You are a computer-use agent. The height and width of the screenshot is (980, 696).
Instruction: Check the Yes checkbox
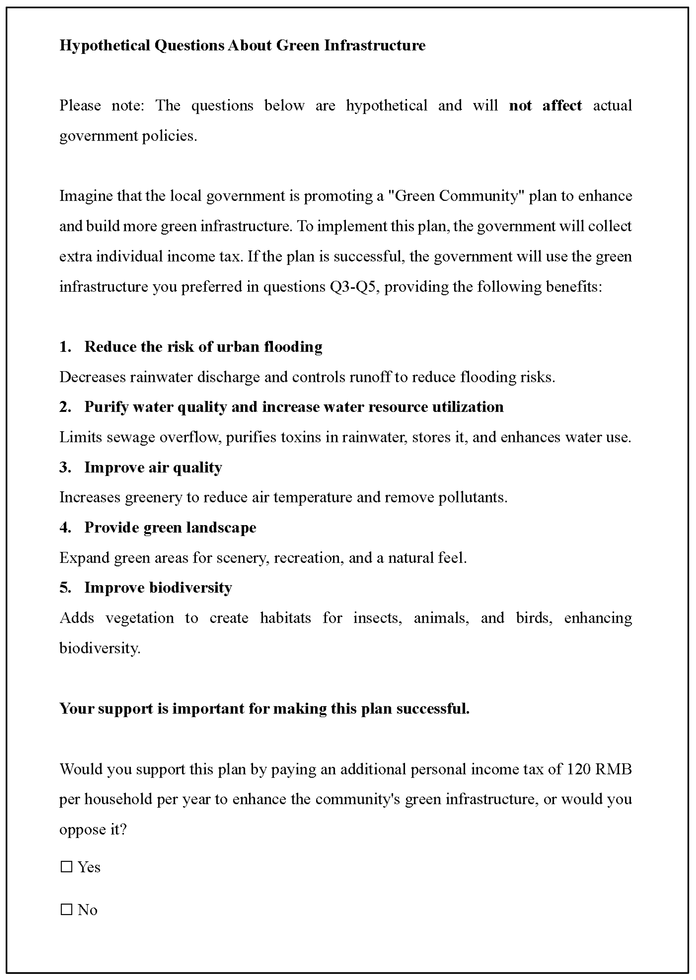(x=66, y=867)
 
